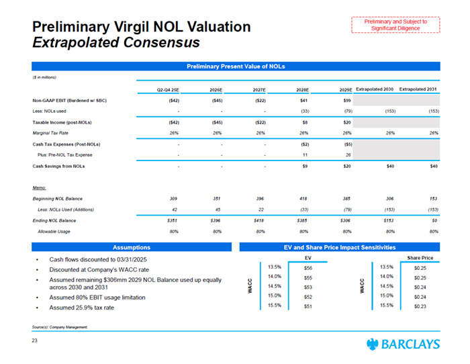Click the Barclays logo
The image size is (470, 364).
404,345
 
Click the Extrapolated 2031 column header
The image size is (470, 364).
418,88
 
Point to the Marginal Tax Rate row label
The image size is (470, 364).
53,132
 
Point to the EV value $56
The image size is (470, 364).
308,266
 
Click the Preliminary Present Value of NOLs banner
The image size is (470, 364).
235,66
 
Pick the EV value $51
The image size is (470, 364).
308,306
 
